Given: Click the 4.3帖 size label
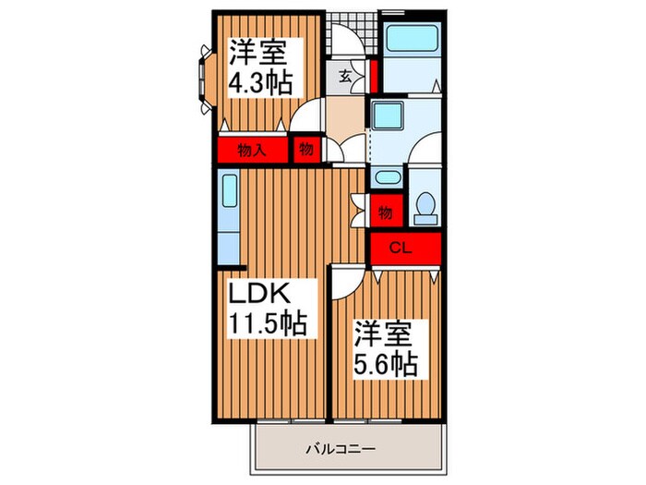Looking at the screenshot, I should pyautogui.click(x=260, y=83).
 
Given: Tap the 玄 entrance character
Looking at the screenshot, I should pyautogui.click(x=343, y=76).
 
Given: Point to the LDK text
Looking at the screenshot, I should pyautogui.click(x=260, y=296).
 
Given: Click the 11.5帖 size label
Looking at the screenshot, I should pyautogui.click(x=268, y=325).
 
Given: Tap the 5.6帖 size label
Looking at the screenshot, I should pyautogui.click(x=387, y=361).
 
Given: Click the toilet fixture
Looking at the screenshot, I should pyautogui.click(x=425, y=205).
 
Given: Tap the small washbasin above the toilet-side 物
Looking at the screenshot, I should pyautogui.click(x=385, y=177).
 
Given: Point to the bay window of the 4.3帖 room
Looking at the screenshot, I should pyautogui.click(x=202, y=83).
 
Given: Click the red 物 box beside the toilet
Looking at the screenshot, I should pyautogui.click(x=386, y=212).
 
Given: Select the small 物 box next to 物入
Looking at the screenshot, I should pyautogui.click(x=305, y=150).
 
